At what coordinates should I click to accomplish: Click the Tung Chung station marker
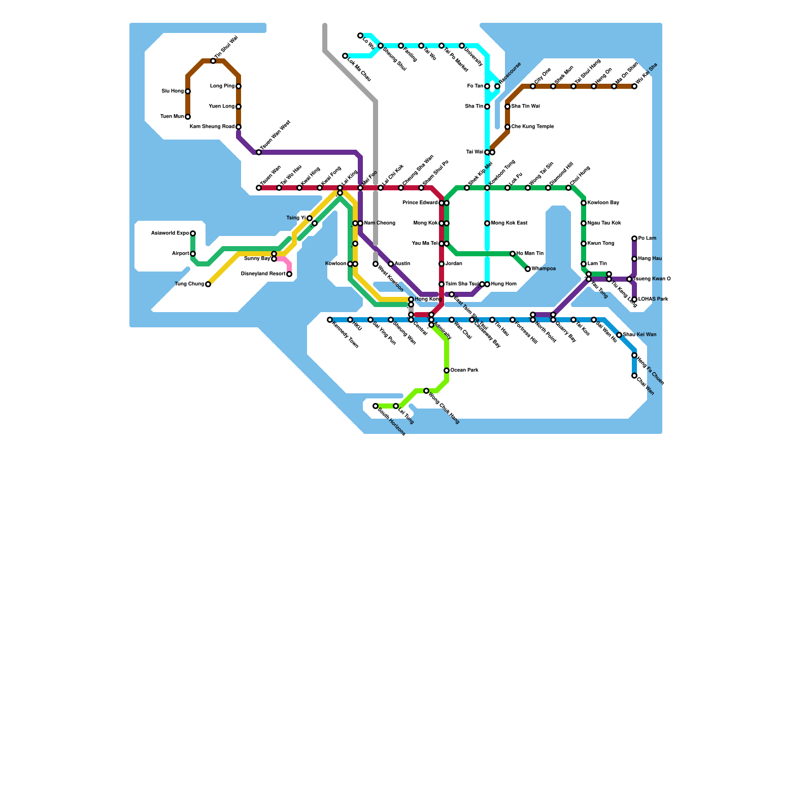coord(208,284)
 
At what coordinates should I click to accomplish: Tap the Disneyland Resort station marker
coord(289,274)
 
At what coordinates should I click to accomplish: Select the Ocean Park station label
coord(464,370)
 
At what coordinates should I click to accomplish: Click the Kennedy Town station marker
coord(330,320)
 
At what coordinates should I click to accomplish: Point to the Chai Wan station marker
coord(634,376)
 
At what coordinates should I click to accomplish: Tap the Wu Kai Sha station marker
coord(634,86)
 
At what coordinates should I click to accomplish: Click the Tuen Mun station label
coord(172,117)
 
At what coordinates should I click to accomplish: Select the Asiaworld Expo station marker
coord(193,233)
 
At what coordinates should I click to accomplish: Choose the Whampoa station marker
coord(528,269)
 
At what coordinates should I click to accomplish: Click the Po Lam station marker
coord(634,239)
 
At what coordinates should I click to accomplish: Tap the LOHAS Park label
coord(653,299)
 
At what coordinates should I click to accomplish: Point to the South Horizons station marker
coord(376,406)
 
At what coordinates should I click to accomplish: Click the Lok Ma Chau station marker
coord(345,56)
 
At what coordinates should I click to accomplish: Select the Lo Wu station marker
coord(360,36)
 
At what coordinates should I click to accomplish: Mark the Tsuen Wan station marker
coord(259,188)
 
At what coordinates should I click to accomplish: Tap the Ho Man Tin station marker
coord(513,254)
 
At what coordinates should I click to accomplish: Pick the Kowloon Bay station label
coord(603,203)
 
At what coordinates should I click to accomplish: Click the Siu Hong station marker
coord(188,91)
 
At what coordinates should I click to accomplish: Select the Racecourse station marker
coord(497,86)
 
